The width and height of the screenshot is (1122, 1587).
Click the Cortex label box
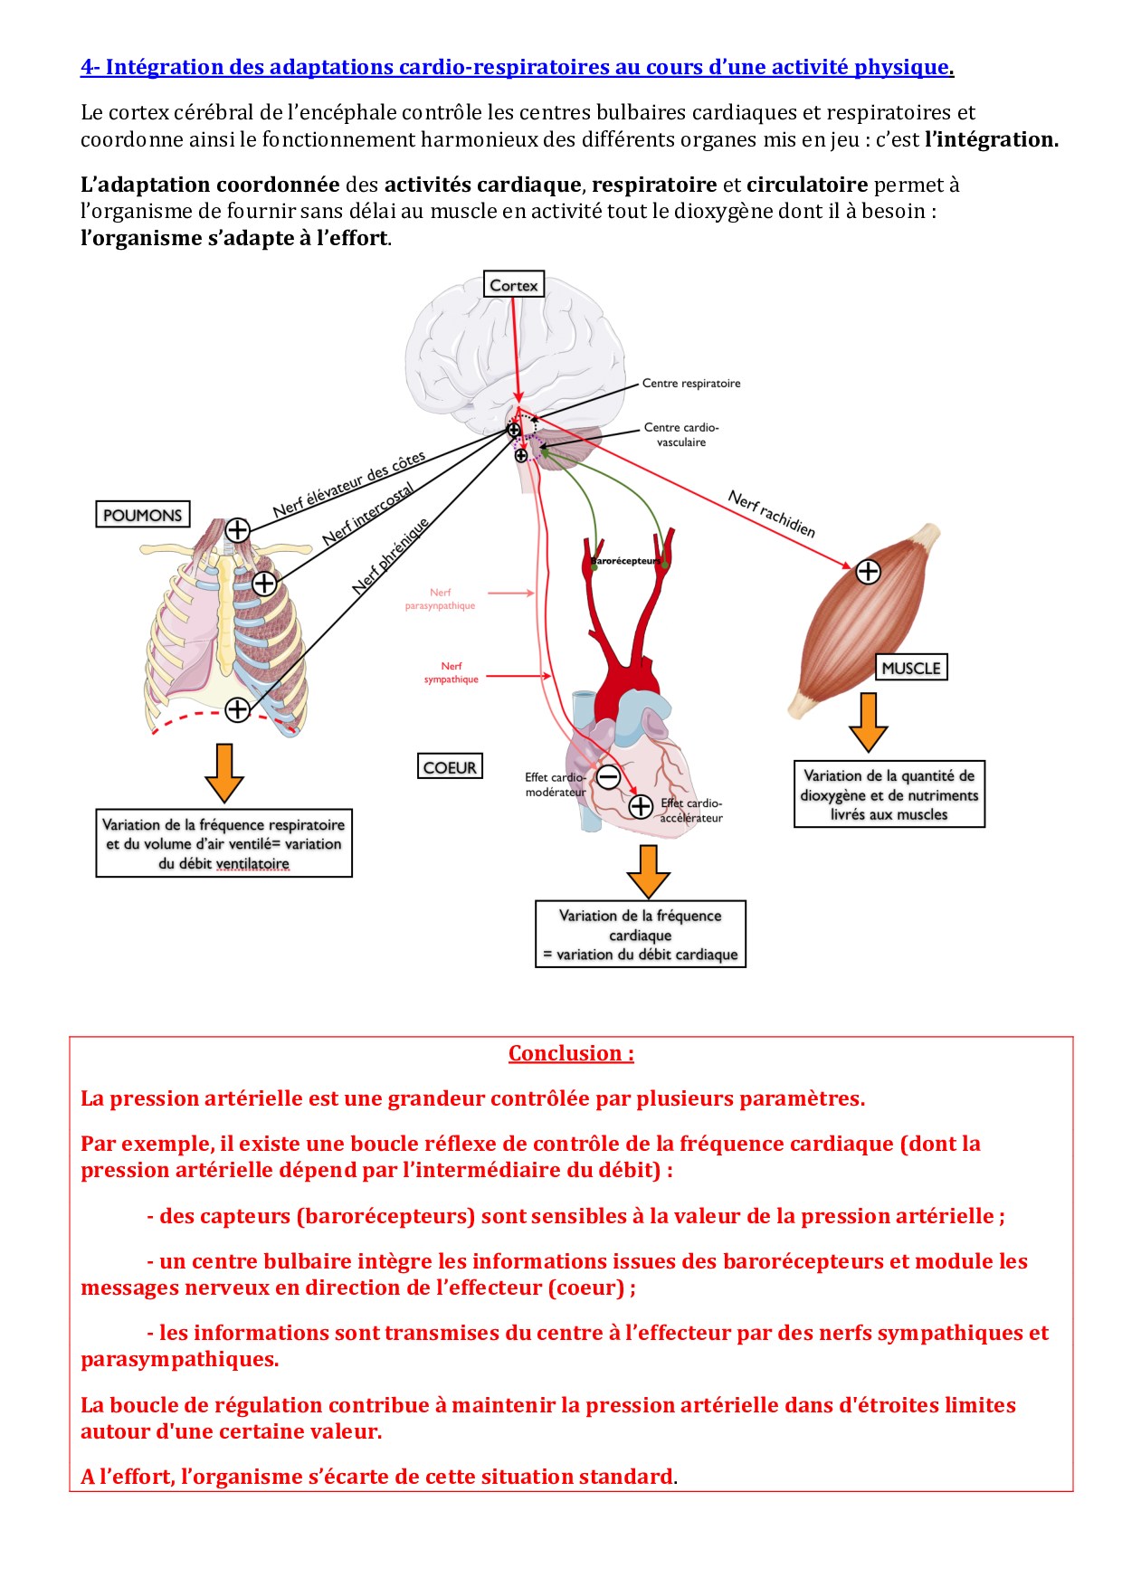click(513, 285)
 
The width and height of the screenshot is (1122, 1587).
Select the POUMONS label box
click(143, 515)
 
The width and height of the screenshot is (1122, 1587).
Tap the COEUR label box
click(450, 767)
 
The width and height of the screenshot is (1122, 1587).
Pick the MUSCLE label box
click(911, 668)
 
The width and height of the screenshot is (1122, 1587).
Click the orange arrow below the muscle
click(868, 721)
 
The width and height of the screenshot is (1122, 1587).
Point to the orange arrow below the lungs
click(223, 773)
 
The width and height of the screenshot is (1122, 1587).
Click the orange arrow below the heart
click(648, 871)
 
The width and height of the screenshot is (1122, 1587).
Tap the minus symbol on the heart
click(608, 776)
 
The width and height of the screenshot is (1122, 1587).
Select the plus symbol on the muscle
click(868, 571)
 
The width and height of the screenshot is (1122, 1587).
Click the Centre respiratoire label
click(691, 384)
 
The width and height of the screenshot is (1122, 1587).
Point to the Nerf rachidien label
click(772, 514)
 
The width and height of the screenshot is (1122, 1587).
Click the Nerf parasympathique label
click(440, 599)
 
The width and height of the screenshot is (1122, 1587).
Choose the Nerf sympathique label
click(452, 672)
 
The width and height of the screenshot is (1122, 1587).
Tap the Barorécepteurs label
click(623, 561)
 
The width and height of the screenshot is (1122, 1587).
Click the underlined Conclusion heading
click(571, 1053)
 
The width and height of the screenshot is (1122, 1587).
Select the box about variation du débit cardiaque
click(641, 935)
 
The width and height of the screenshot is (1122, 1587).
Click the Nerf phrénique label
click(391, 556)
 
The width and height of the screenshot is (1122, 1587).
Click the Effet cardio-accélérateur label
click(691, 810)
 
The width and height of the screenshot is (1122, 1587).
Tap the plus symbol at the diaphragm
click(237, 709)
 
